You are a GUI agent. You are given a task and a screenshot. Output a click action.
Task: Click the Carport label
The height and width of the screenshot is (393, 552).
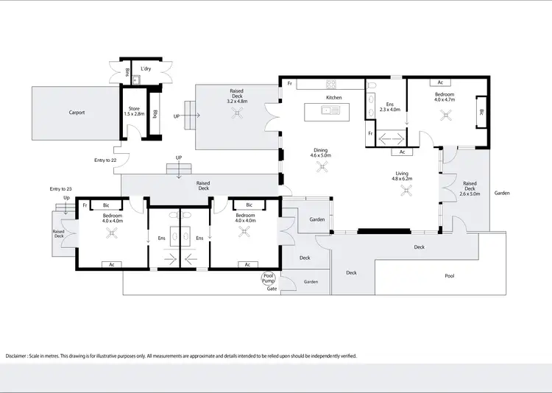click(77, 113)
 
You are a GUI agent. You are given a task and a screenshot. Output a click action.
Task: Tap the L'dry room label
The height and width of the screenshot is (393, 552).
click(146, 68)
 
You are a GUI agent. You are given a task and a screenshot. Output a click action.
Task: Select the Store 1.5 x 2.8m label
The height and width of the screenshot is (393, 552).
click(134, 112)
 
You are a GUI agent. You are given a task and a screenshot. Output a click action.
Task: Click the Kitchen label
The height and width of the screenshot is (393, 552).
click(334, 97)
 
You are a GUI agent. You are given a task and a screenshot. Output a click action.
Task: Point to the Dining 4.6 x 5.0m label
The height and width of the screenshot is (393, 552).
click(320, 152)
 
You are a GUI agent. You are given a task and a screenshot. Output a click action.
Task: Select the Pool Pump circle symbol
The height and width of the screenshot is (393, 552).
click(269, 280)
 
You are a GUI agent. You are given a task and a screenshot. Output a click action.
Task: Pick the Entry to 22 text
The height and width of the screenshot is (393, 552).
click(105, 160)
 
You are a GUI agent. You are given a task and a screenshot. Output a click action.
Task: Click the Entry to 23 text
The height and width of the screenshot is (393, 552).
click(60, 189)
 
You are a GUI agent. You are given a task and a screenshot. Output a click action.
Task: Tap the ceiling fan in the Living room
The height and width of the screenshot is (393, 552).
click(406, 191)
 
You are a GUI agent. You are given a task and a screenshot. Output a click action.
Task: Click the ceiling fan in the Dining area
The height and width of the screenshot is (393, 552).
click(321, 167)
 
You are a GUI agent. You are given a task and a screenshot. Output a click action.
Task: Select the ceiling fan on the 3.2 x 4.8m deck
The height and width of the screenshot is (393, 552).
click(237, 112)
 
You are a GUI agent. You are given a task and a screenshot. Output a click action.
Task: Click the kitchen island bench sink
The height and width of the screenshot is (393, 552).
click(326, 111)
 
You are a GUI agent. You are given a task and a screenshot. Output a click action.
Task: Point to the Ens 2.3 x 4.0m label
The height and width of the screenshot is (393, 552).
click(389, 106)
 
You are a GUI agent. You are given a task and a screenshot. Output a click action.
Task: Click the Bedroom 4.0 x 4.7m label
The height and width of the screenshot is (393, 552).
click(445, 97)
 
